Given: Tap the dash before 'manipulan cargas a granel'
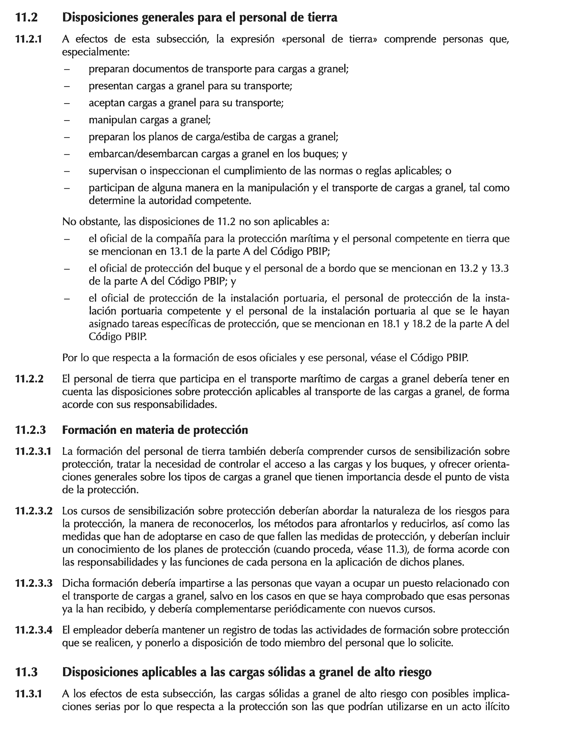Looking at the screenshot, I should (67, 120).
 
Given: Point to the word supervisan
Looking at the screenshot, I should (112, 171).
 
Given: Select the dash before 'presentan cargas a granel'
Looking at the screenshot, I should (67, 86).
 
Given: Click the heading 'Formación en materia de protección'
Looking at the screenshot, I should (155, 430).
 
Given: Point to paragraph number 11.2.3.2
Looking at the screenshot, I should (34, 511).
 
